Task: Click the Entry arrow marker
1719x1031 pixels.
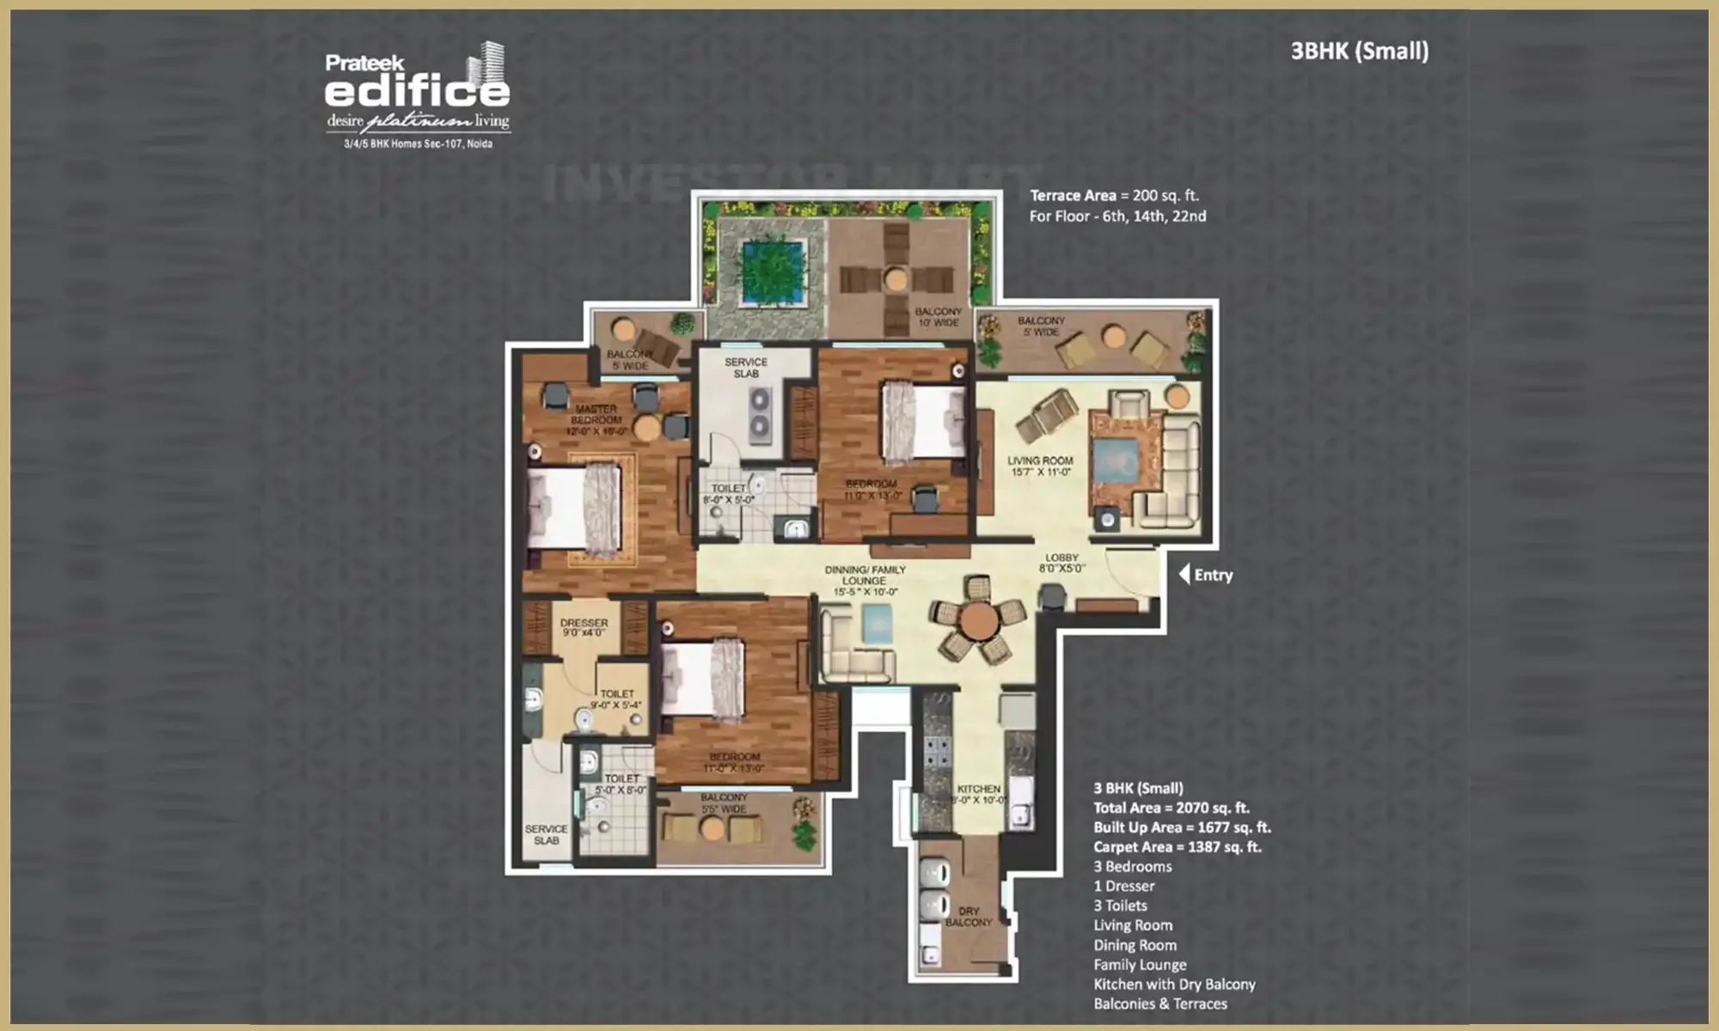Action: coord(1184,574)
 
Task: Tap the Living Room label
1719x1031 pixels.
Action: coord(1040,466)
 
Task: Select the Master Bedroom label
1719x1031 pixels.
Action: coord(596,420)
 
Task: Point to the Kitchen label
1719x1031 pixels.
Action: coord(978,794)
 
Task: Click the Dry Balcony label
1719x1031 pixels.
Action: coord(969,916)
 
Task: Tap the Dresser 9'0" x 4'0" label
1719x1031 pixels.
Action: coord(584,627)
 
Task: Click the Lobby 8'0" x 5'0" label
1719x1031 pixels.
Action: coord(1061,563)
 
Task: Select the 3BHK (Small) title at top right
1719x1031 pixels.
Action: coord(1359,52)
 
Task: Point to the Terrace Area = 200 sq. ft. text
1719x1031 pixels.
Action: coord(1114,196)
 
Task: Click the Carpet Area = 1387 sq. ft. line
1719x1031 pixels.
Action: coord(1177,847)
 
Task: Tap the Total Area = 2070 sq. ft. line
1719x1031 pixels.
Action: coord(1171,808)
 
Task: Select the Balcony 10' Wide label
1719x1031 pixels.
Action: coord(938,317)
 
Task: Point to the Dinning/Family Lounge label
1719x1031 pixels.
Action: coord(865,581)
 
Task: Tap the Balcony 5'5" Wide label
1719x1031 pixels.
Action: coord(724,803)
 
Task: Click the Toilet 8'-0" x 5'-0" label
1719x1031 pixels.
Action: coord(728,494)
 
